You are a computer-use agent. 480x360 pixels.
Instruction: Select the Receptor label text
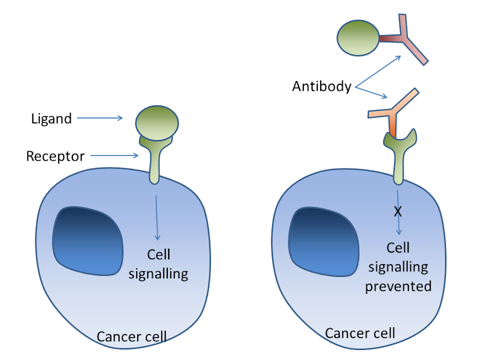[55, 156]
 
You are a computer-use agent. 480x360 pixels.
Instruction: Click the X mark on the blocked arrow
[397, 212]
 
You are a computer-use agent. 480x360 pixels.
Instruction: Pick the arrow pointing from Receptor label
[115, 156]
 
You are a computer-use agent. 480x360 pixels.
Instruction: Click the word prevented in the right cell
[398, 287]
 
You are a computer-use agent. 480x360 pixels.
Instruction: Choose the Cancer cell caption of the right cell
[360, 333]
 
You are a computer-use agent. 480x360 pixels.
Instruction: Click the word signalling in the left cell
[159, 274]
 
